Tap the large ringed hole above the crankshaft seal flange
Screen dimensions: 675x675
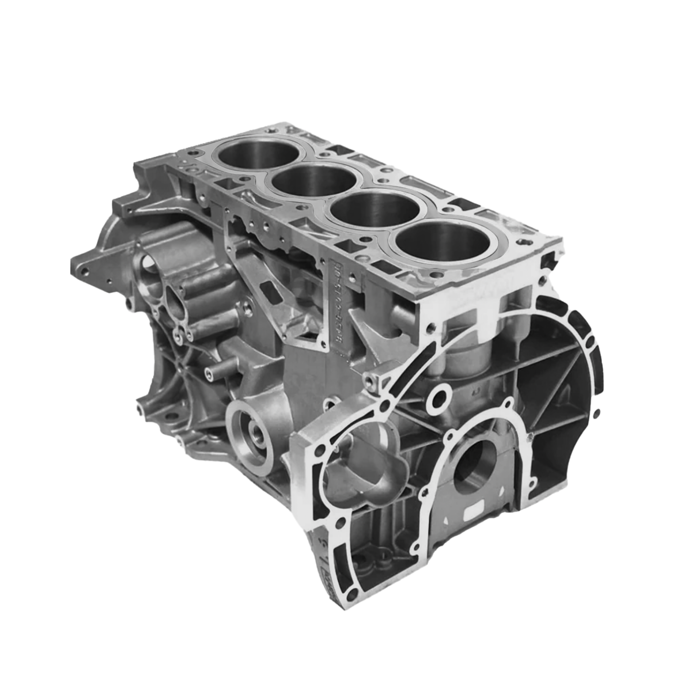439,399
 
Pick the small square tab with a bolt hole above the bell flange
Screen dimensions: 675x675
373,380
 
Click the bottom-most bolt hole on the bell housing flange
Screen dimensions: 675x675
353,592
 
